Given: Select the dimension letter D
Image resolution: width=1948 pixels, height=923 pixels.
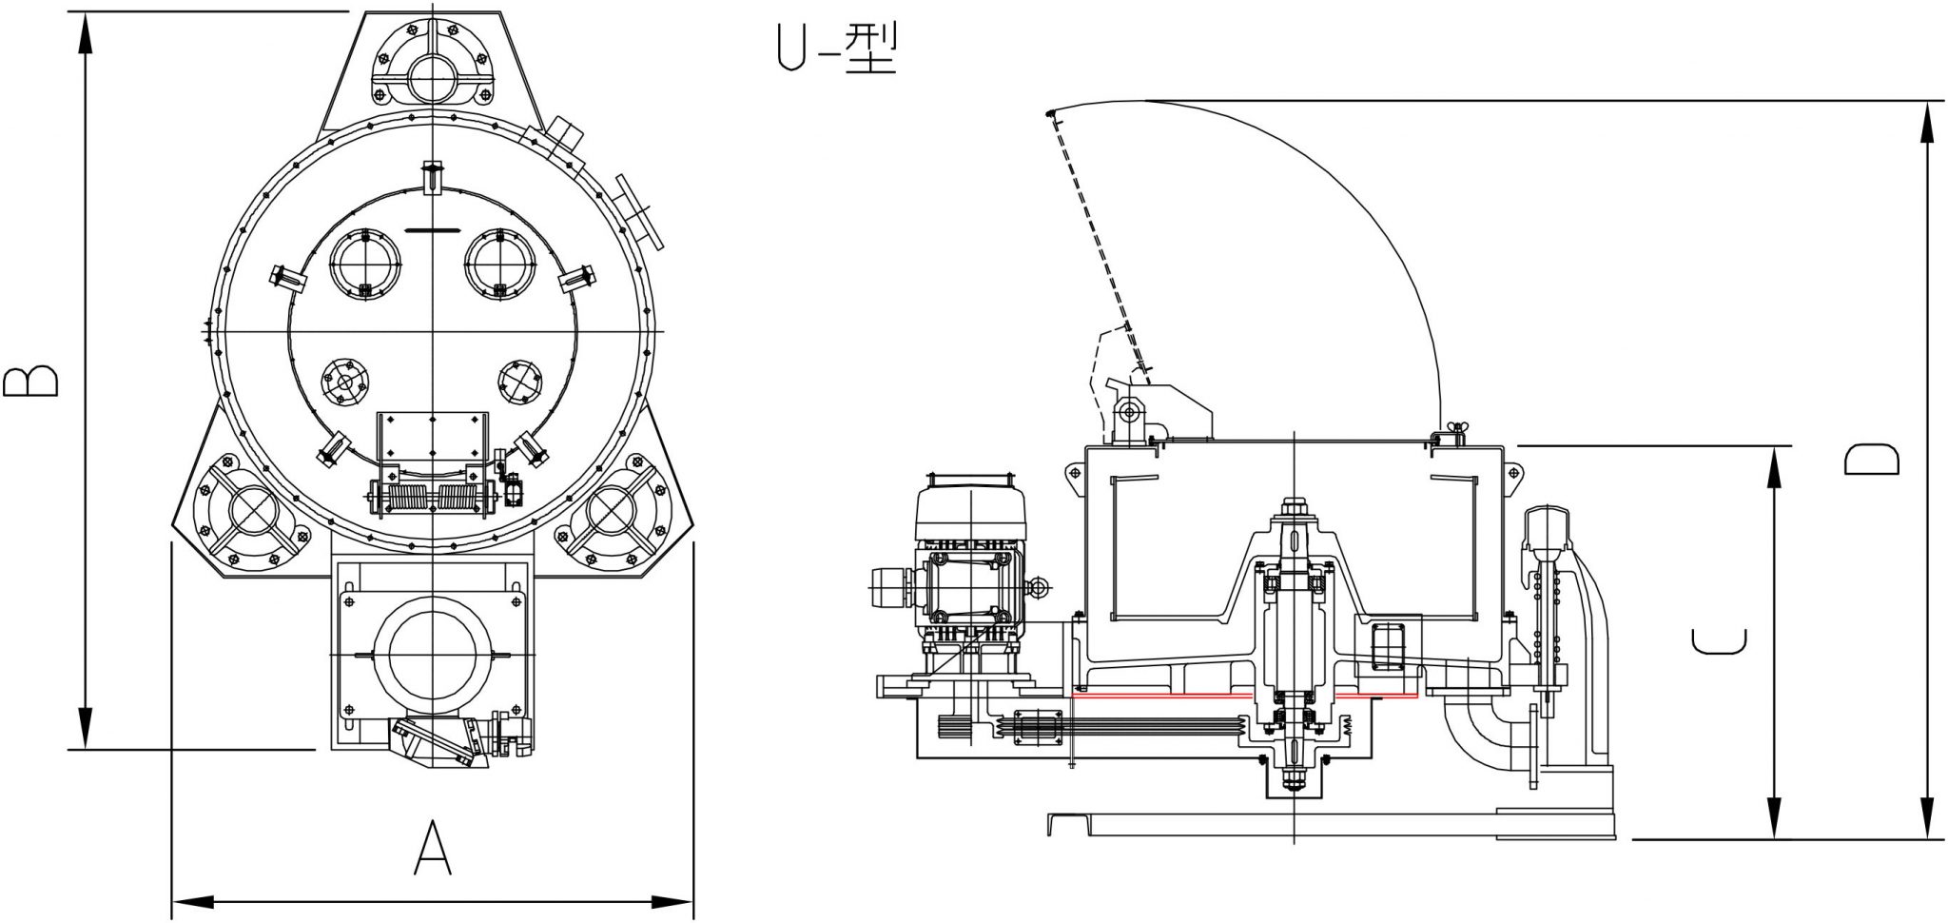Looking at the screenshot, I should pyautogui.click(x=1871, y=460).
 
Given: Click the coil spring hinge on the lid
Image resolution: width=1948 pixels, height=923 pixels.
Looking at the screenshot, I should pyautogui.click(x=433, y=496).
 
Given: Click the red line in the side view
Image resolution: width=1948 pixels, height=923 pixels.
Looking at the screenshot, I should pyautogui.click(x=1244, y=696).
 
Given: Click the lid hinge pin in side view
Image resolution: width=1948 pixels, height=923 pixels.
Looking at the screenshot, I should pyautogui.click(x=1128, y=412).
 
